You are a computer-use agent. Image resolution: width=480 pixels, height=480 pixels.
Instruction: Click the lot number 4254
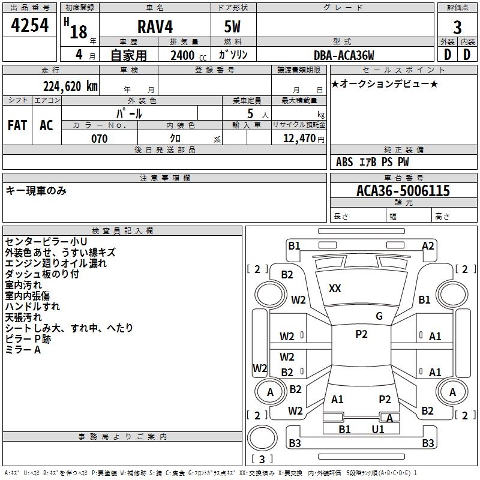click(29, 25)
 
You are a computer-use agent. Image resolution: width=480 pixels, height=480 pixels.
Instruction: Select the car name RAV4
click(155, 26)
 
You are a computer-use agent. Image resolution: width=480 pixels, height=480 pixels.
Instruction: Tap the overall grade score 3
click(457, 28)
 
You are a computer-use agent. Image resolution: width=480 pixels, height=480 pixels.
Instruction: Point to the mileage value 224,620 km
click(70, 86)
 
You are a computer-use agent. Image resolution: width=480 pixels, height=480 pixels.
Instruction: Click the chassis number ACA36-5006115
click(403, 191)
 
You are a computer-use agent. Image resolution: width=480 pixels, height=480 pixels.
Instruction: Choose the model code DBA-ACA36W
click(344, 55)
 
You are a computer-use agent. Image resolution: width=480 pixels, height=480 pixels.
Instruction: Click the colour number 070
click(100, 139)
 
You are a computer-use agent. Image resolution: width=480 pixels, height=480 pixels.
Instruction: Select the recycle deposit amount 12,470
click(299, 139)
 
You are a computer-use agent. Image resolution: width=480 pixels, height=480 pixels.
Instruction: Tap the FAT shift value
click(17, 125)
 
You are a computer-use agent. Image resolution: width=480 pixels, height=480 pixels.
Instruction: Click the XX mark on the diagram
click(335, 289)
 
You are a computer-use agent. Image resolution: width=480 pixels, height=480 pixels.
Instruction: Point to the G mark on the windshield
click(379, 316)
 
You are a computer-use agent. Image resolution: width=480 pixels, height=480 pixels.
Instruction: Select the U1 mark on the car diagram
click(378, 430)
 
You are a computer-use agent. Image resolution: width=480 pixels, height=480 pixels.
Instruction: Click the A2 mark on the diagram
click(428, 246)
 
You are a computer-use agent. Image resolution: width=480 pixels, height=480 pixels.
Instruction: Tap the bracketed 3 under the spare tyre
click(262, 459)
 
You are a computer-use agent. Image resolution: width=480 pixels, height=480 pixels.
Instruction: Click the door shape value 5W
click(232, 26)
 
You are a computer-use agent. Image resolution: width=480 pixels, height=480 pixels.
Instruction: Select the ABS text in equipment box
click(344, 162)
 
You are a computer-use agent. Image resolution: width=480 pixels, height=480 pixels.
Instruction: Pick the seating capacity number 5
click(250, 113)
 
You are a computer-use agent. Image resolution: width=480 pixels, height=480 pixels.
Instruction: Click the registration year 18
click(79, 32)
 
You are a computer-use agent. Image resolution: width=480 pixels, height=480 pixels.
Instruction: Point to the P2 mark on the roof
click(361, 334)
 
